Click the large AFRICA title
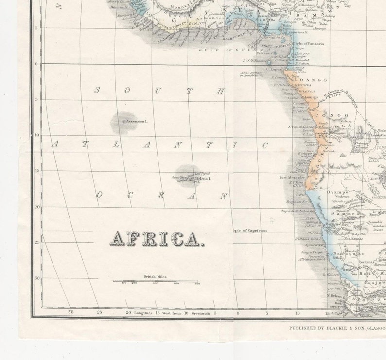pyautogui.click(x=155, y=238)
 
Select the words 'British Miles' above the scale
pyautogui.click(x=155, y=276)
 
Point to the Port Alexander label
pyautogui.click(x=292, y=177)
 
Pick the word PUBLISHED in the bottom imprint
pyautogui.click(x=302, y=329)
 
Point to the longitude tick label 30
pyautogui.click(x=70, y=313)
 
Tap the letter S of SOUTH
pyautogui.click(x=97, y=90)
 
